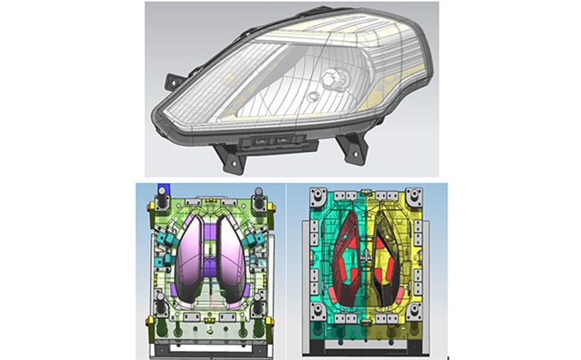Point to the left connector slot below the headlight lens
[x=259, y=139]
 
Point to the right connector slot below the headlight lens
[x=282, y=139]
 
